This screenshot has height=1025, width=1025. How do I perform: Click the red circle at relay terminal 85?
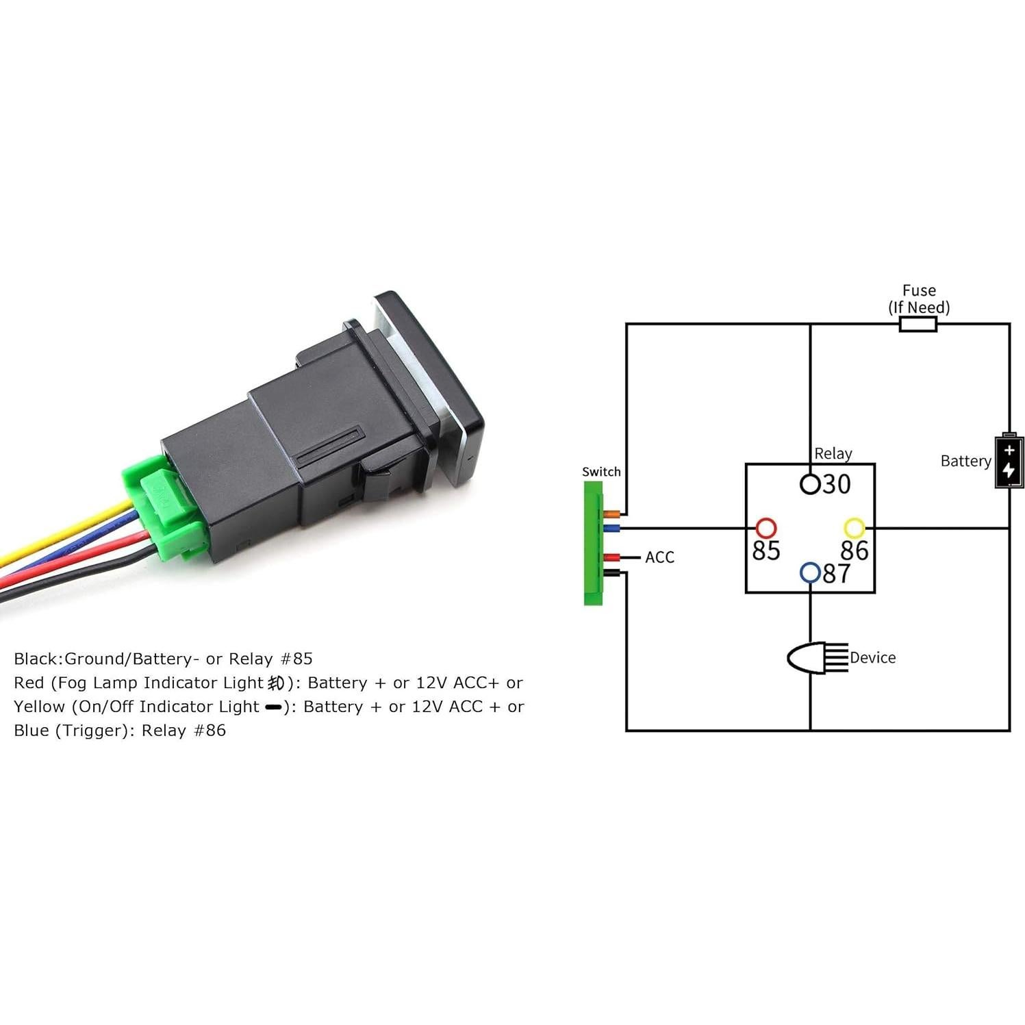(765, 528)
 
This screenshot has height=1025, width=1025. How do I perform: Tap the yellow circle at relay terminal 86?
(854, 528)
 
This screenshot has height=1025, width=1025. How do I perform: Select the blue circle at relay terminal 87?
(810, 572)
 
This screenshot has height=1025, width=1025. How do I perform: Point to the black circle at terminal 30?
(810, 484)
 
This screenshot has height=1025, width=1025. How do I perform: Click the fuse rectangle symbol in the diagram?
(917, 324)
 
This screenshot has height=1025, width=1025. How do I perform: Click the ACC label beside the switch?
(659, 557)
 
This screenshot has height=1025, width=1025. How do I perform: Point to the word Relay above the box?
(833, 453)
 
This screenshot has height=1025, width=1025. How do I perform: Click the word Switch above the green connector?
(601, 472)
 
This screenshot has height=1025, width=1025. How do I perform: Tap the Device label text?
(872, 658)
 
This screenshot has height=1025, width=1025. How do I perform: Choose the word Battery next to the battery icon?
(965, 461)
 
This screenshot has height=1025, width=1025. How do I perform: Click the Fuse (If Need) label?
(919, 299)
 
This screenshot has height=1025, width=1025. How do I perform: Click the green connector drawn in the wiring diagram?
(592, 543)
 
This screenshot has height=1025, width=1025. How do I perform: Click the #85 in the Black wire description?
(297, 659)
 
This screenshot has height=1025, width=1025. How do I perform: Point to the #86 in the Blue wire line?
(210, 730)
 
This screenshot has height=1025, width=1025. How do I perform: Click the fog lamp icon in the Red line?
(276, 683)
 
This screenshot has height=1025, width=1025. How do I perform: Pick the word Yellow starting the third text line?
(39, 707)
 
